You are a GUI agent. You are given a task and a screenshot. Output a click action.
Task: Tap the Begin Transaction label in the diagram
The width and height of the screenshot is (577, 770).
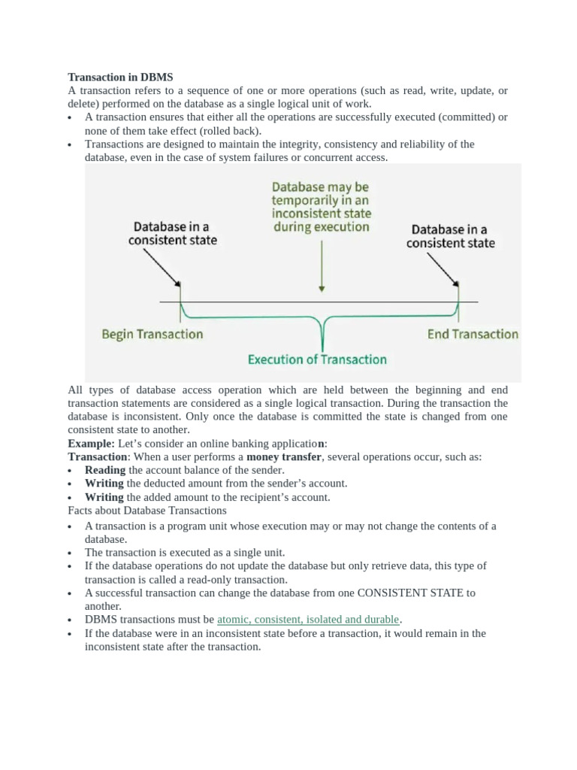coord(152,334)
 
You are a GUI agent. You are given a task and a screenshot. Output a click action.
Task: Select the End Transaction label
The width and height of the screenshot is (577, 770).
coord(473,334)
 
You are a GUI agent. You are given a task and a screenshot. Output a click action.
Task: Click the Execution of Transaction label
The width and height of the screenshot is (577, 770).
coord(317,359)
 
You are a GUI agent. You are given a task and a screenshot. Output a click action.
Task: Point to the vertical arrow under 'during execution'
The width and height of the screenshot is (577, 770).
coord(322,263)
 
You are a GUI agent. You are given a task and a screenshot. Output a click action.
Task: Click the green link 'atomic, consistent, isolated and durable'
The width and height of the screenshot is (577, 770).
coord(308,620)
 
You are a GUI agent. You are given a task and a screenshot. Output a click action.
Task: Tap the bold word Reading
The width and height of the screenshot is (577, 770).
coord(104,470)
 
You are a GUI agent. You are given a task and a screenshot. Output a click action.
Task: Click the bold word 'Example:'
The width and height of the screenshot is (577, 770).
coord(90,443)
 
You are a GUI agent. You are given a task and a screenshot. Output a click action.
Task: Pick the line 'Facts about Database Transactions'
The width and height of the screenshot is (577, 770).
coord(147,511)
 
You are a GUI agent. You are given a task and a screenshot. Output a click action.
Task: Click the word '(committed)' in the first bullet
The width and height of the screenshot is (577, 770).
coord(470,117)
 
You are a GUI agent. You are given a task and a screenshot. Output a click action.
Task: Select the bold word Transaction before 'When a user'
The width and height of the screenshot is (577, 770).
coord(97,456)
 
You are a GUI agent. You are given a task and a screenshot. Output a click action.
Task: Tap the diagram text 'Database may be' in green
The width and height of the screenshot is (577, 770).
coord(321,186)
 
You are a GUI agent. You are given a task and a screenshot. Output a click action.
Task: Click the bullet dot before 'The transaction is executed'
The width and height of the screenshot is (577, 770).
coord(70,553)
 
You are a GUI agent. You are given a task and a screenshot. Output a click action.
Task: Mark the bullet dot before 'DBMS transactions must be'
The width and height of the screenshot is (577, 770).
coord(70,620)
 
